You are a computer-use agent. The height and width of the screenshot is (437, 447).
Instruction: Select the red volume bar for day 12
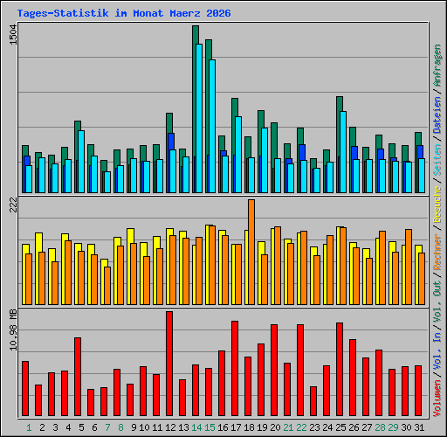(x=169, y=364)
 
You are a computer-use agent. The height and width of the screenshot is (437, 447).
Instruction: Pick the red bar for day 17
(x=235, y=368)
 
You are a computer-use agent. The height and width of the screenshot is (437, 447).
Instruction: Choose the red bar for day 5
(x=78, y=377)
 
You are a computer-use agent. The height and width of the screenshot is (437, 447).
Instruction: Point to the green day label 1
(x=29, y=427)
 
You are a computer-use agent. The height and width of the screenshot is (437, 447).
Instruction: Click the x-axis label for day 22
(x=301, y=427)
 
